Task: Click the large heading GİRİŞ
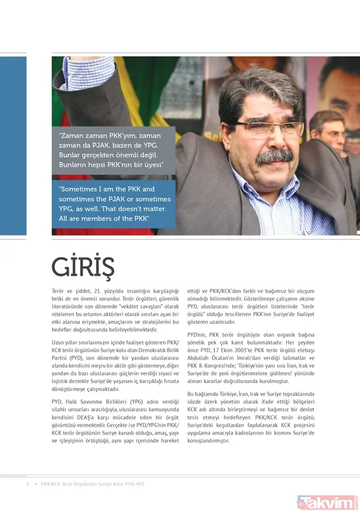pos(83,266)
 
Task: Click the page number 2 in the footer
pos(27,484)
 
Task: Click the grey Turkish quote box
pos(113,150)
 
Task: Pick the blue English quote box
pos(113,204)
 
